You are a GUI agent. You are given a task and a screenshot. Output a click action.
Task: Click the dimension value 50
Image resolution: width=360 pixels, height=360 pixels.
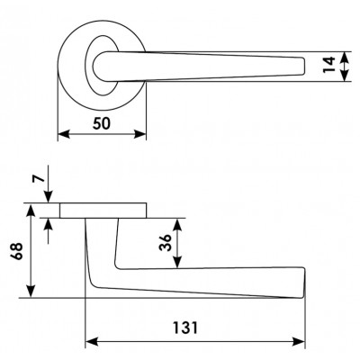pos(102,123)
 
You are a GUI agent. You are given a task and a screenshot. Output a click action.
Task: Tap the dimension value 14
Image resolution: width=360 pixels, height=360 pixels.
pos(329,65)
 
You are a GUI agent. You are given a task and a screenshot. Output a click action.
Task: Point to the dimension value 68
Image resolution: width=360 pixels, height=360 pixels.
pos(16,251)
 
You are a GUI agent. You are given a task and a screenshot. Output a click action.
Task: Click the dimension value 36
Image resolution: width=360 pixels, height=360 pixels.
pos(166,242)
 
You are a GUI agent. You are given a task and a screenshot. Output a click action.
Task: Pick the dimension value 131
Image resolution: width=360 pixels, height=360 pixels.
pos(185,328)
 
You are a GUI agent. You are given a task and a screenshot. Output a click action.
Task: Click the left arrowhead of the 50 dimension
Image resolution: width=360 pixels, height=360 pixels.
pos(64,134)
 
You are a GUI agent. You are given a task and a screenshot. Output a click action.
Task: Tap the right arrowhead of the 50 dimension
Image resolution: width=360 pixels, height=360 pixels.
pos(140,134)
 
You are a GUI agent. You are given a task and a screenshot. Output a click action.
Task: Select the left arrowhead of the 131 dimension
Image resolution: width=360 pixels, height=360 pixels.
pos(92,341)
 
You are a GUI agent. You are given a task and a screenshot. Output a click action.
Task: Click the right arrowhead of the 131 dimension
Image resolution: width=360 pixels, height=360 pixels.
pos(299,341)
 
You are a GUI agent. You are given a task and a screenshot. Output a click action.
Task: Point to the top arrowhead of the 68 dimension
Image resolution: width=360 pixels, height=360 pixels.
pos(31,210)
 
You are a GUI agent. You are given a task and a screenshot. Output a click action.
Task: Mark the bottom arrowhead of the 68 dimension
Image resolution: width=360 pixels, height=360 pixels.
pos(31,292)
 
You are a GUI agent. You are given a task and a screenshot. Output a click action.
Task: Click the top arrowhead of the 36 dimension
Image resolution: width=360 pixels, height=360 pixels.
pos(177,225)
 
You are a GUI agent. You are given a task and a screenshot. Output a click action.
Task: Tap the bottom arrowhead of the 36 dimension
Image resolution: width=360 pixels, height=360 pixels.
pos(177,262)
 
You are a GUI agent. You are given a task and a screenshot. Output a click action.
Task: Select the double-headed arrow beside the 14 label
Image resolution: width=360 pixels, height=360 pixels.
pos(346,67)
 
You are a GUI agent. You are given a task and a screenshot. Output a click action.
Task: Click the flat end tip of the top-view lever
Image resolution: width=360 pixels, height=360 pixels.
pos(304,66)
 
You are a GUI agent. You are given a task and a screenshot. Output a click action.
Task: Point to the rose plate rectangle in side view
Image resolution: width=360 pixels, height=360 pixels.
pos(103,211)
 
